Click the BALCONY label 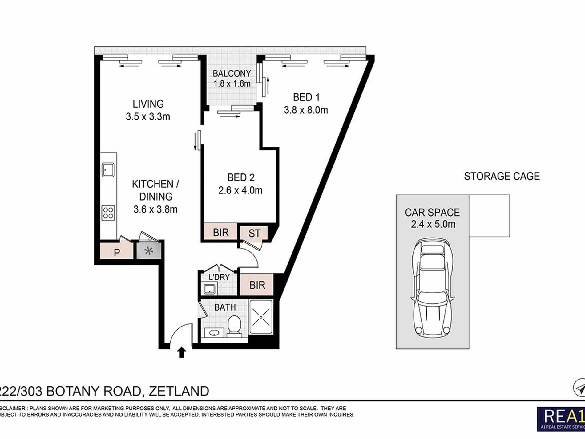232,74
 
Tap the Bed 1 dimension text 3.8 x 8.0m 306,110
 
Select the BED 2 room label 241,177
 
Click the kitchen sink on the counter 108,170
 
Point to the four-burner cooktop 108,213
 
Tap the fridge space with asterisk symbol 149,251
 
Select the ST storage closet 254,233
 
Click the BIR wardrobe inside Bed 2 220,232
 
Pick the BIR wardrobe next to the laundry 257,285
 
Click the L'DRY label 219,277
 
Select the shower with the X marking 261,317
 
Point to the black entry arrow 181,352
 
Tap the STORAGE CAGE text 502,176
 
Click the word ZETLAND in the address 179,391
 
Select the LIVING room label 148,104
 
